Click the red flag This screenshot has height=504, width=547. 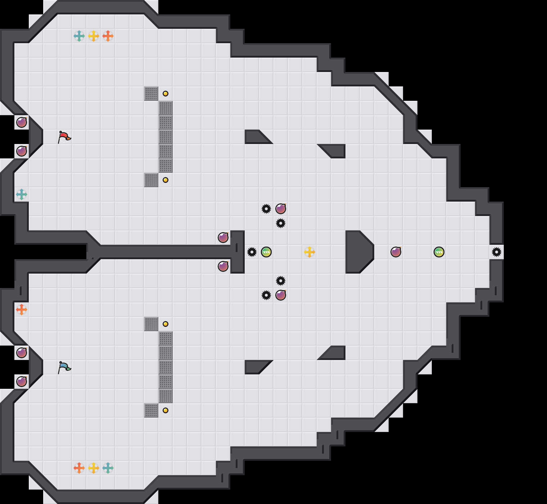64,137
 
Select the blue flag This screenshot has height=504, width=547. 64,367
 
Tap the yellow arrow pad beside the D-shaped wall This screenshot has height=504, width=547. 309,252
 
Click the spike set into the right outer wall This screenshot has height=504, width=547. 497,252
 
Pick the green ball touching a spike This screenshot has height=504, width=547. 266,252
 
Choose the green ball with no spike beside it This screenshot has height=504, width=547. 439,252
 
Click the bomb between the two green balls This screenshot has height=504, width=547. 396,252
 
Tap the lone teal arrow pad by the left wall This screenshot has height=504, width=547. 22,194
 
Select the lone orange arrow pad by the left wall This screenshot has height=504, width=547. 22,310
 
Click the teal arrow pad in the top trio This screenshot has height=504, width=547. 79,36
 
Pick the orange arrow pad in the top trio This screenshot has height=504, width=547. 108,36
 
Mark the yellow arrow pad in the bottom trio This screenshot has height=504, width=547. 94,468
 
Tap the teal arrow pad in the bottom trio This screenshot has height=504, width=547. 108,468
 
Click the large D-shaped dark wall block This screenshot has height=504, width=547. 358,252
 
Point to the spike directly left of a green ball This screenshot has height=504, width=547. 252,252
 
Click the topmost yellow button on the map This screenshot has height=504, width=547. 166,94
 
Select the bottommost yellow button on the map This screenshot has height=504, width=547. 166,410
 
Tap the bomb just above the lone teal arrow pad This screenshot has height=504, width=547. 22,151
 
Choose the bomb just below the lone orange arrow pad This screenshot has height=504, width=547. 22,353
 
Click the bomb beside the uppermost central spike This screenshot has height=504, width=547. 281,209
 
